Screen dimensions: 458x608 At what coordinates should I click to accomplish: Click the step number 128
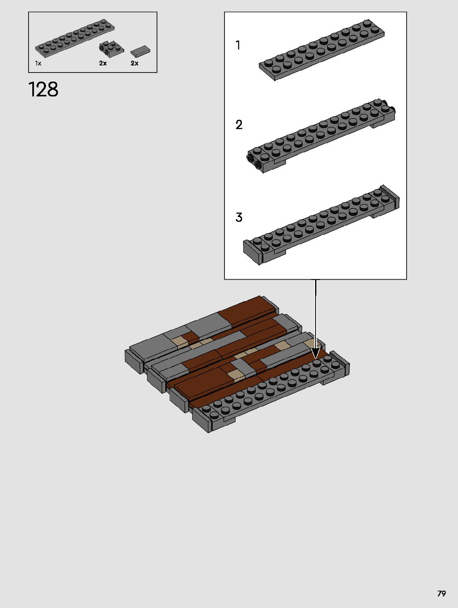[x=43, y=89]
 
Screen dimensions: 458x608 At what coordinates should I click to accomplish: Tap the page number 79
[x=441, y=594]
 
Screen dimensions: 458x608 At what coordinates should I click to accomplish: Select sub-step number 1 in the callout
[x=238, y=45]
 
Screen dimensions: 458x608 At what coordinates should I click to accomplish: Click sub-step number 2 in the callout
[x=239, y=125]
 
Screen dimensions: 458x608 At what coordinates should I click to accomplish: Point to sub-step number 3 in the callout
[x=239, y=217]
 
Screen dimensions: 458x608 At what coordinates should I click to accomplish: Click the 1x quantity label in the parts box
[x=38, y=63]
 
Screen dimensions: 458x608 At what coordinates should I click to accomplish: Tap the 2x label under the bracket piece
[x=103, y=63]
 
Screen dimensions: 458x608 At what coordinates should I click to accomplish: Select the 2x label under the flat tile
[x=135, y=63]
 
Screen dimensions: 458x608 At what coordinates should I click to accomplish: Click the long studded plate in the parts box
[x=75, y=38]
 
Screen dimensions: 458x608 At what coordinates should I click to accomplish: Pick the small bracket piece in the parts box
[x=111, y=49]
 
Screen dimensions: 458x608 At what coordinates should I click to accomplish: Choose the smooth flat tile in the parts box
[x=140, y=51]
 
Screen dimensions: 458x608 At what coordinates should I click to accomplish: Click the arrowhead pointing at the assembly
[x=316, y=353]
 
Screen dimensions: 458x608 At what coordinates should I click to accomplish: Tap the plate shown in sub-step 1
[x=322, y=50]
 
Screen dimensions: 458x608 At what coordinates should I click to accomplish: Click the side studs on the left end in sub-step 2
[x=253, y=162]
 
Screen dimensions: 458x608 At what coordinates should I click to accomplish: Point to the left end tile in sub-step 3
[x=252, y=251]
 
